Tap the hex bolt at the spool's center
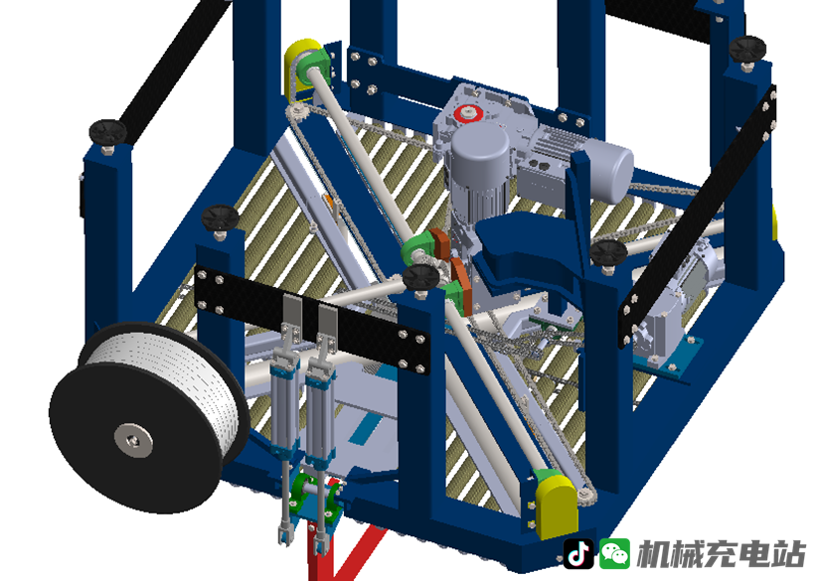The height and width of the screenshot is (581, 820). click(134, 439)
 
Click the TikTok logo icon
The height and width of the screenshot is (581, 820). click(578, 554)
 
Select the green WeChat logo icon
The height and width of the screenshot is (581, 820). click(614, 554)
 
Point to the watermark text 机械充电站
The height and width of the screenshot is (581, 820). click(721, 554)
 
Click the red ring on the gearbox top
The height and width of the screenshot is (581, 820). click(467, 113)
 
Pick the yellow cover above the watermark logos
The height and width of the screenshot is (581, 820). click(557, 506)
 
